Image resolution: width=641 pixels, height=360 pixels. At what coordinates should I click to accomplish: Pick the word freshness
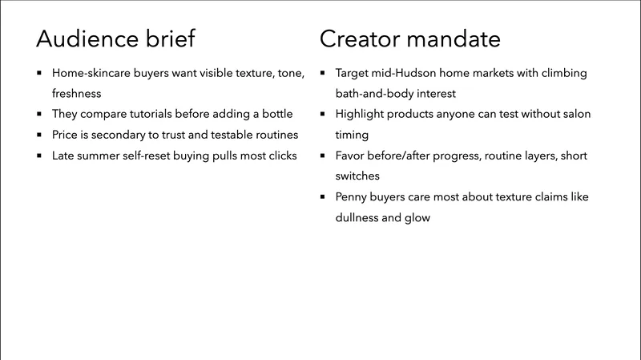click(x=78, y=94)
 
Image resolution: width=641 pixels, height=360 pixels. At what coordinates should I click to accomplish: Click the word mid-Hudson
click(x=409, y=73)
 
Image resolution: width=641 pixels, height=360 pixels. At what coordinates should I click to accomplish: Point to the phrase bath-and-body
click(x=375, y=94)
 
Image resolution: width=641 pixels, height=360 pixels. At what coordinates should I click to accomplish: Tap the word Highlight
click(x=361, y=114)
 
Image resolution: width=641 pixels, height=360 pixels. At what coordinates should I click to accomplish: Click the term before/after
click(x=407, y=156)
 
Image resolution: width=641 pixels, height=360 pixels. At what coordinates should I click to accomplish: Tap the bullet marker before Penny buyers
click(x=323, y=196)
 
